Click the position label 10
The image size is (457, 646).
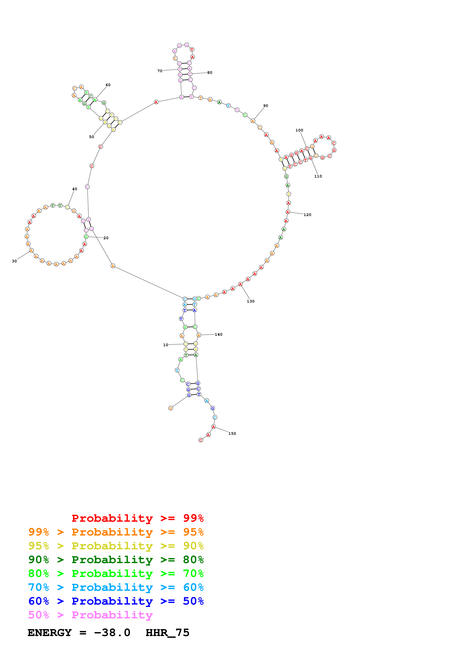(166, 345)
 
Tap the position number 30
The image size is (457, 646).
(14, 261)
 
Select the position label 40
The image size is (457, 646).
(75, 189)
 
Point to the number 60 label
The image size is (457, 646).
(108, 85)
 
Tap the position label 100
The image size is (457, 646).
(299, 130)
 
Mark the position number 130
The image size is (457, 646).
(251, 301)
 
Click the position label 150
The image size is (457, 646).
(232, 433)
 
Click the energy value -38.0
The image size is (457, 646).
(112, 633)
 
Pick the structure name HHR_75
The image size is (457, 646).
(168, 633)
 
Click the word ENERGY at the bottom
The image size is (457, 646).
(50, 633)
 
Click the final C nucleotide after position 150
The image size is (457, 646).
(201, 440)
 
